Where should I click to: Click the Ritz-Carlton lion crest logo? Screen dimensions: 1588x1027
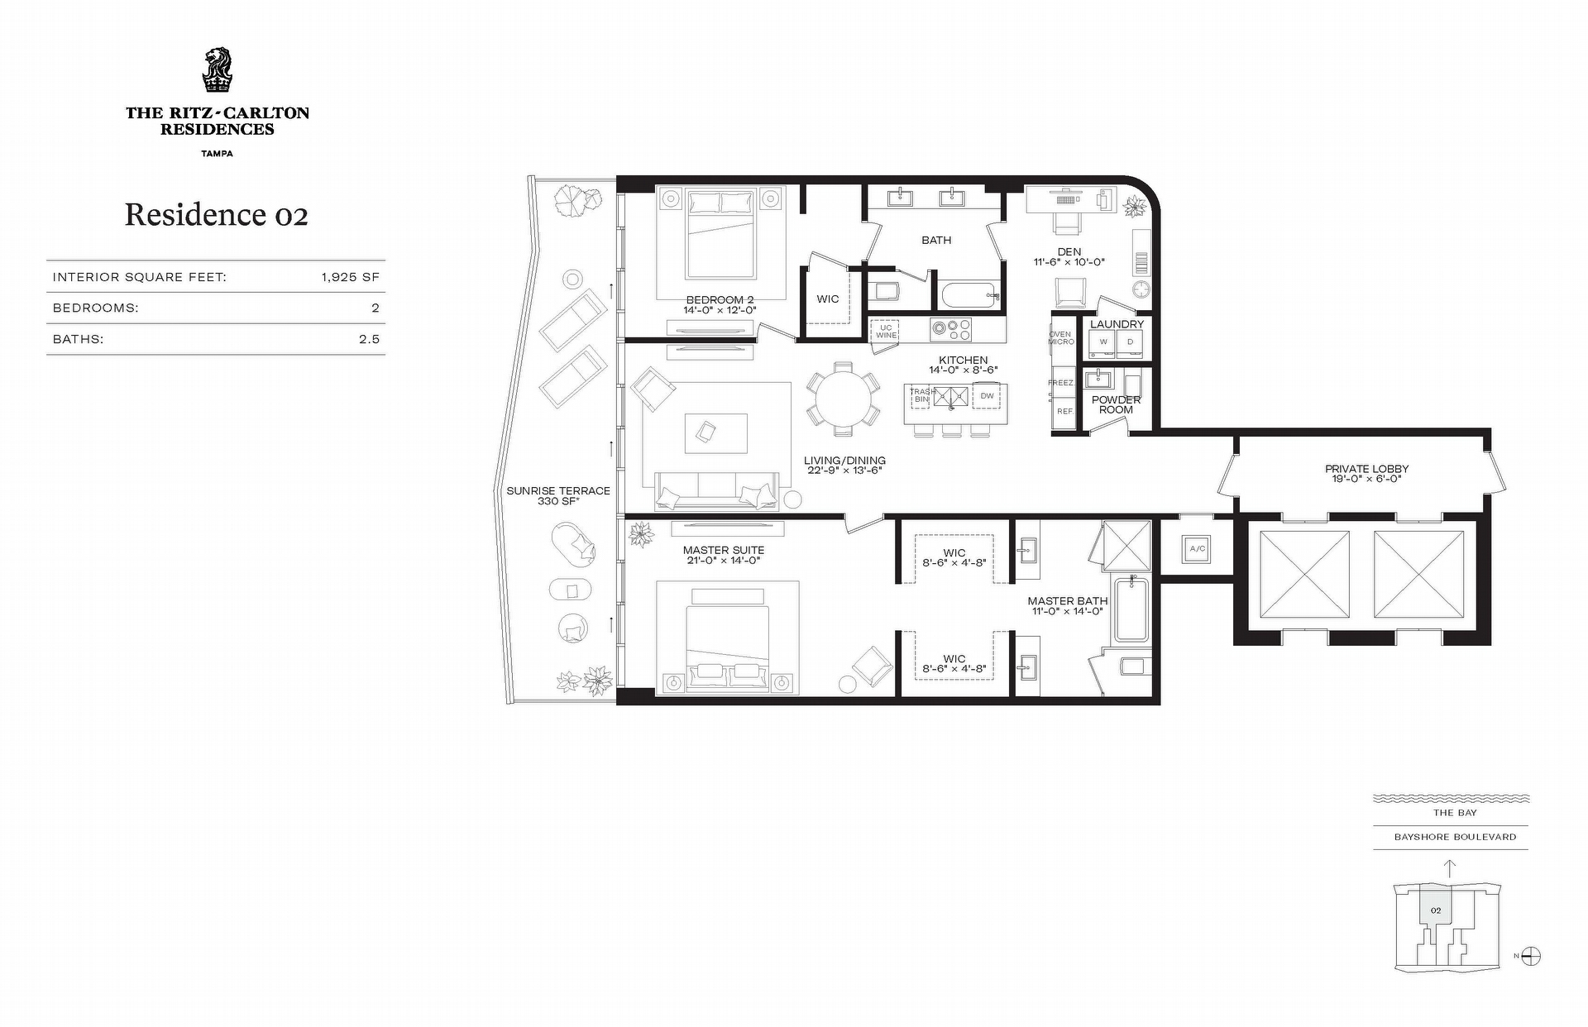(x=218, y=71)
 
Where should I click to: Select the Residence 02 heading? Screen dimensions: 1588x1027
(x=217, y=215)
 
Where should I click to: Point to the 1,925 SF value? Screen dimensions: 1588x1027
(x=351, y=277)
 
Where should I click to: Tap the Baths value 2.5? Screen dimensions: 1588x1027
(x=370, y=339)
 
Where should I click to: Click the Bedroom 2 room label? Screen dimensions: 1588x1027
(x=720, y=300)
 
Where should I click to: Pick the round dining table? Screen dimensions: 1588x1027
(x=843, y=399)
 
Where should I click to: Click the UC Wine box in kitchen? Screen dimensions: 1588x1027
(x=886, y=331)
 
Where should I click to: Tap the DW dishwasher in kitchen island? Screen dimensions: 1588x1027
(x=987, y=396)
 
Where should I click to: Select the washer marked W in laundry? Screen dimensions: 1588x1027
(x=1103, y=342)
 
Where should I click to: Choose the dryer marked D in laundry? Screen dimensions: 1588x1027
(x=1130, y=342)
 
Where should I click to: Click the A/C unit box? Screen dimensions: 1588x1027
(x=1197, y=548)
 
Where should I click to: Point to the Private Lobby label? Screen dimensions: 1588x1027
(x=1366, y=469)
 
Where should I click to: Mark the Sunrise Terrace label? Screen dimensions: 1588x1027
(x=558, y=490)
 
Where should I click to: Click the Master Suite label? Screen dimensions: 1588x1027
(x=724, y=550)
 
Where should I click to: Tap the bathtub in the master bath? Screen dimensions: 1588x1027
(x=1131, y=610)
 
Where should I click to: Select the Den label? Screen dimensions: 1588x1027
(x=1069, y=251)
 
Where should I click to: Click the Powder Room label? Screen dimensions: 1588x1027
(x=1117, y=404)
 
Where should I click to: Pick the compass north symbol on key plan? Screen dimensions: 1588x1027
(x=1531, y=957)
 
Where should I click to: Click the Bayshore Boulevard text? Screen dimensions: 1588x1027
(x=1455, y=837)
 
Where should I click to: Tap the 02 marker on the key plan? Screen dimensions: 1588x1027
(x=1436, y=910)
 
